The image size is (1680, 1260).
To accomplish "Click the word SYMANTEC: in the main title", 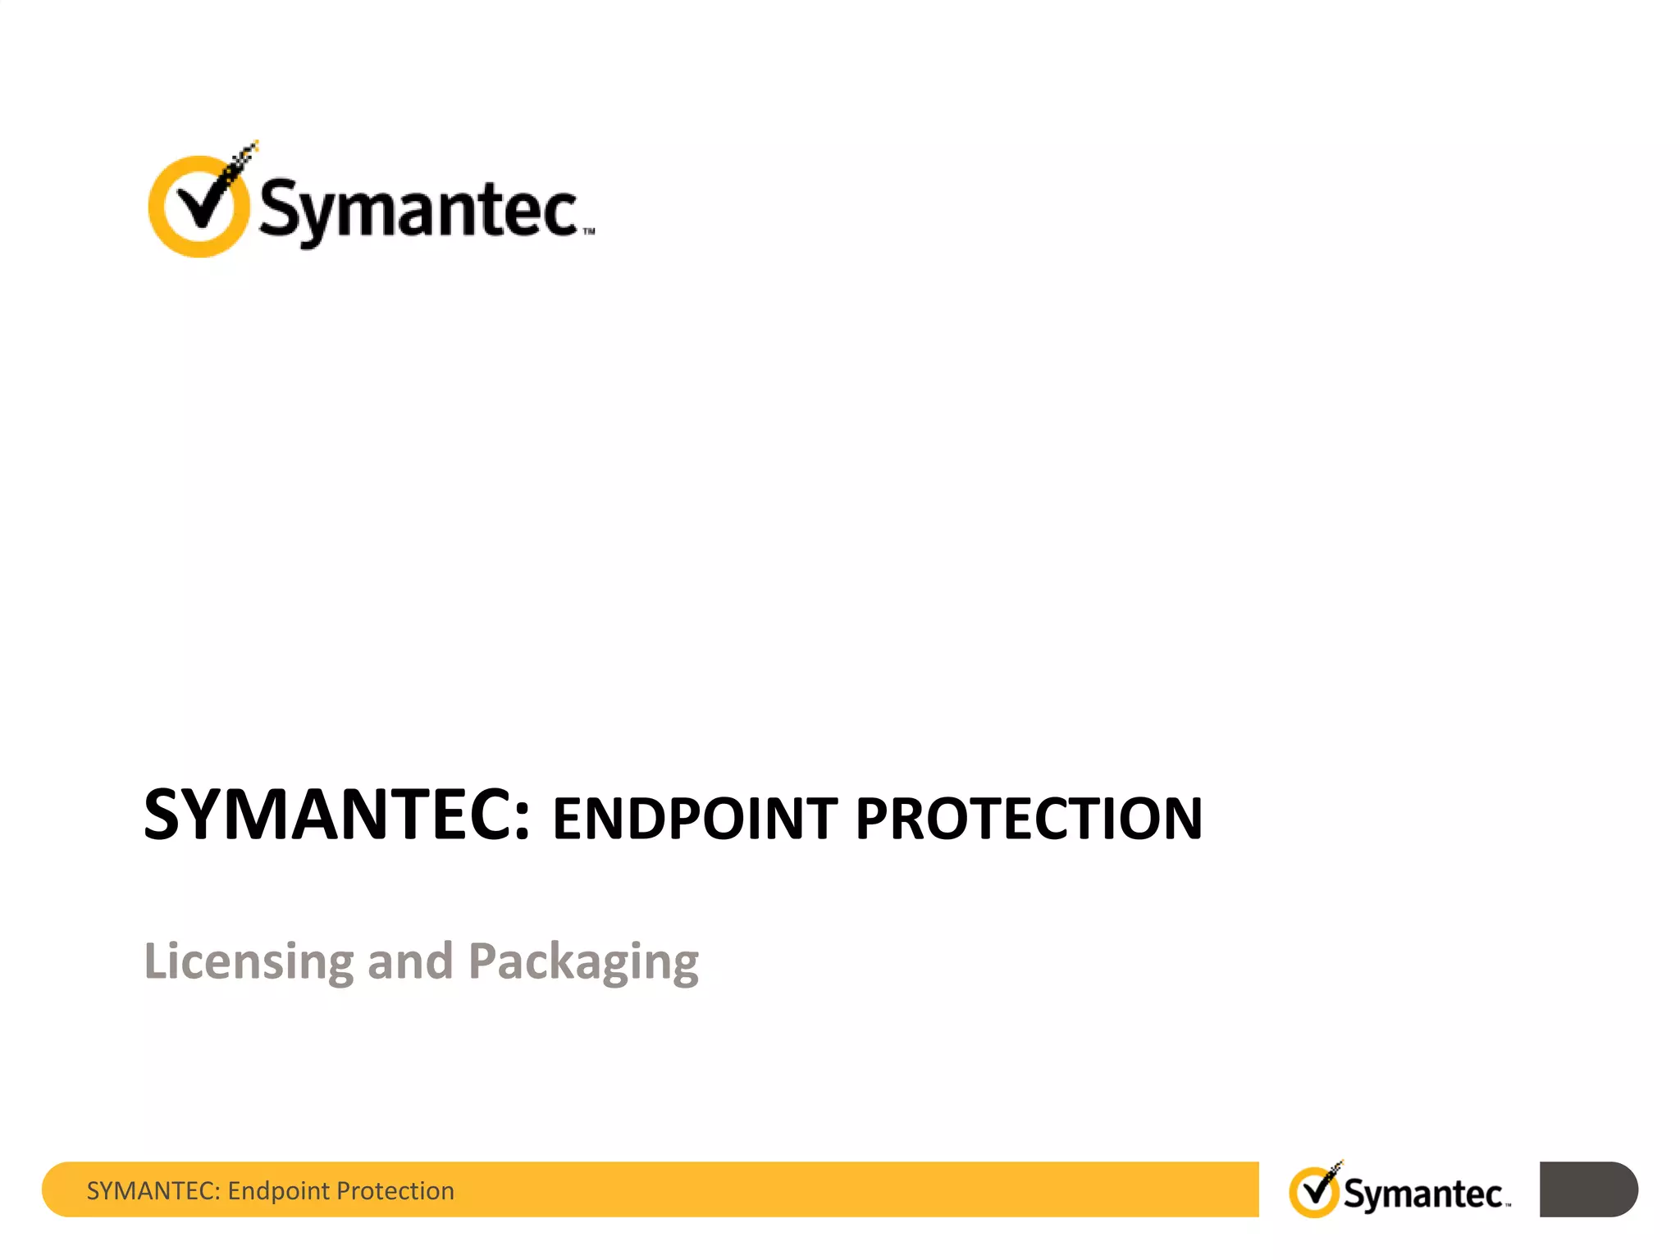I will (x=337, y=815).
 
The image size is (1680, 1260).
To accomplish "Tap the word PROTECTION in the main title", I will (x=1029, y=819).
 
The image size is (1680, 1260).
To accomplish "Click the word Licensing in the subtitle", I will (x=249, y=961).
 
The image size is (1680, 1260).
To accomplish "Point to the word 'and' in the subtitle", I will (x=410, y=961).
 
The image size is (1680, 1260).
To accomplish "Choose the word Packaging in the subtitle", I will (x=583, y=961).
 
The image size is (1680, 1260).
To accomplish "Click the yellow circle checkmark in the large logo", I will (x=199, y=206).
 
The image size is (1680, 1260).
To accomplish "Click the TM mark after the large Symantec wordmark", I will (x=589, y=233).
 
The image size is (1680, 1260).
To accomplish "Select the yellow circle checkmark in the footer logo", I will (x=1314, y=1192).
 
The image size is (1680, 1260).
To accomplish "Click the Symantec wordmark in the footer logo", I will (x=1422, y=1194).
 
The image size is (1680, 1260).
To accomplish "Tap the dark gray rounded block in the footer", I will (x=1588, y=1189).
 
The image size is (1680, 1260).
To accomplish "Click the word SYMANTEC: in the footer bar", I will (x=153, y=1191).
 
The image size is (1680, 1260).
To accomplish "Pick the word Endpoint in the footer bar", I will (x=278, y=1191).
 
